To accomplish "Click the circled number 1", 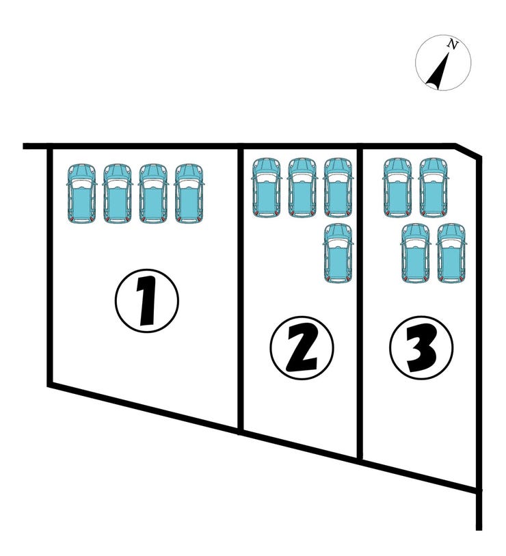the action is click(x=147, y=301).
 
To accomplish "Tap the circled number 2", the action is click(x=302, y=348).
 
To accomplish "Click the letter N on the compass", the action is click(x=452, y=44).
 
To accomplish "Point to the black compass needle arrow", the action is click(x=438, y=72).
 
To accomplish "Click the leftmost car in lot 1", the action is click(x=81, y=194).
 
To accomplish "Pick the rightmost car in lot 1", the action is click(x=189, y=194).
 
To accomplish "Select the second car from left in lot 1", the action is click(x=118, y=194).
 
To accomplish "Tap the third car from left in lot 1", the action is click(x=153, y=194).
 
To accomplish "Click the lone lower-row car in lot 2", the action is click(x=338, y=253).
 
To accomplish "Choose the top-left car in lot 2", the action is click(x=266, y=187).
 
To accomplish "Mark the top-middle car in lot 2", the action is click(x=302, y=187).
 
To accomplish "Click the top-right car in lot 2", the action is click(x=338, y=187).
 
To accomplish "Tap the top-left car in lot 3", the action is click(x=398, y=187).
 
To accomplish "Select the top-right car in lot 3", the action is click(x=434, y=187).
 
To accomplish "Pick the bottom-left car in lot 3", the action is click(x=415, y=253).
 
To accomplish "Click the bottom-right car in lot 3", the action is click(x=451, y=253).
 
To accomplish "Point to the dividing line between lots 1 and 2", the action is click(x=241, y=290).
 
